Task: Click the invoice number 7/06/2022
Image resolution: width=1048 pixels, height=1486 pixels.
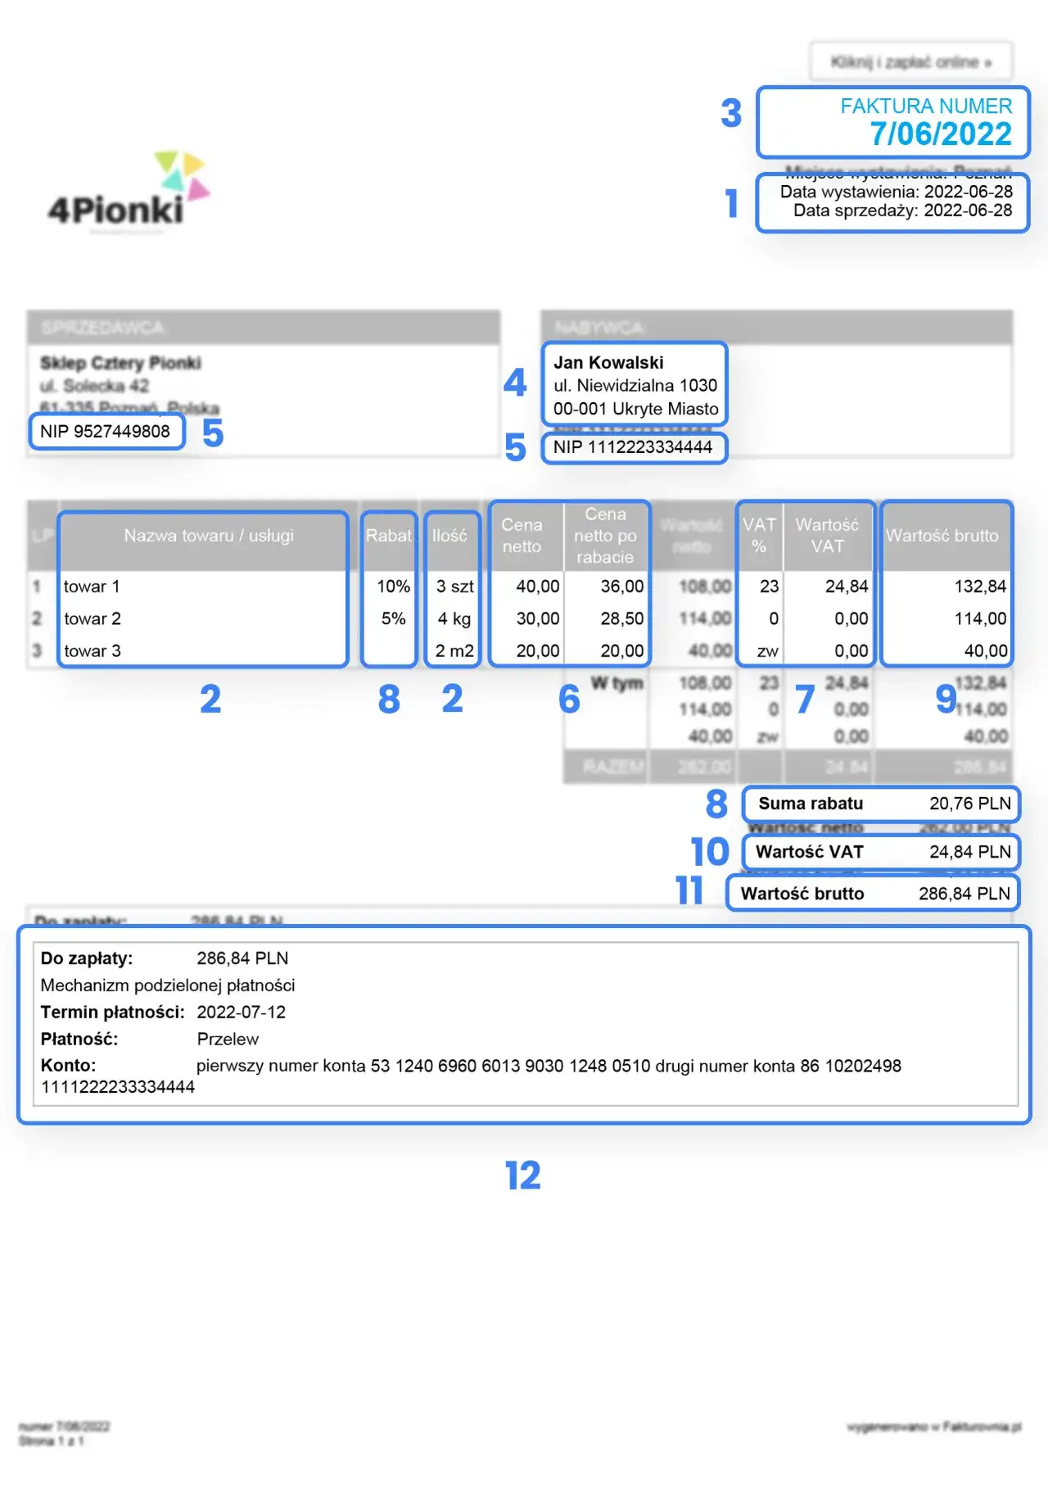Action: (940, 134)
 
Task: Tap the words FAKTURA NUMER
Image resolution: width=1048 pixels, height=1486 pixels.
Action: (925, 106)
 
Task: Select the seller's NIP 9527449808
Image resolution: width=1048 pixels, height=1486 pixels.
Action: (105, 432)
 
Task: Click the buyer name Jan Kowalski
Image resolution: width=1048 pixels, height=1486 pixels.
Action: (608, 363)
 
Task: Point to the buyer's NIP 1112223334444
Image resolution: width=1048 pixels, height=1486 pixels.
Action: (632, 447)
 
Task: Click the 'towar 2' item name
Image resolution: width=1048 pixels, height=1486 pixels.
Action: (93, 618)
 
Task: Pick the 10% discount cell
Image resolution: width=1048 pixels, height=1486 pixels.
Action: (393, 587)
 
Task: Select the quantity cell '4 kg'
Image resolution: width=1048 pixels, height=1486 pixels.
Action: (454, 618)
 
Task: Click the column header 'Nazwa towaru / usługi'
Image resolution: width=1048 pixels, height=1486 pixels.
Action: (208, 536)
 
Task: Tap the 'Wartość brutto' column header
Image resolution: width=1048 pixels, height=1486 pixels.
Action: (942, 536)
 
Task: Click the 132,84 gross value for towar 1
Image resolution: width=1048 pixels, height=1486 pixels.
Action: (979, 587)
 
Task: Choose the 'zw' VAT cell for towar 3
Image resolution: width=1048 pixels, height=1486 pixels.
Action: (767, 651)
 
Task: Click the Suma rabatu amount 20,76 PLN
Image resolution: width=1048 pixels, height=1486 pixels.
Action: (969, 804)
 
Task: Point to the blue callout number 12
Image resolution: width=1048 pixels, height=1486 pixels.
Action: (522, 1176)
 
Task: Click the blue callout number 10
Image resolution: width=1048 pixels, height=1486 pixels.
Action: (709, 852)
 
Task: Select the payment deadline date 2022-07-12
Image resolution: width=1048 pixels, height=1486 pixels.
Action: (241, 1013)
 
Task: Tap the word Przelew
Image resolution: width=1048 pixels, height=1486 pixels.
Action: (228, 1040)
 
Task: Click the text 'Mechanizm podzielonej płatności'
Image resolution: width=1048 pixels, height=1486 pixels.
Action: (168, 985)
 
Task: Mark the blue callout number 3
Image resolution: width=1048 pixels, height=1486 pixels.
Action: (730, 113)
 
